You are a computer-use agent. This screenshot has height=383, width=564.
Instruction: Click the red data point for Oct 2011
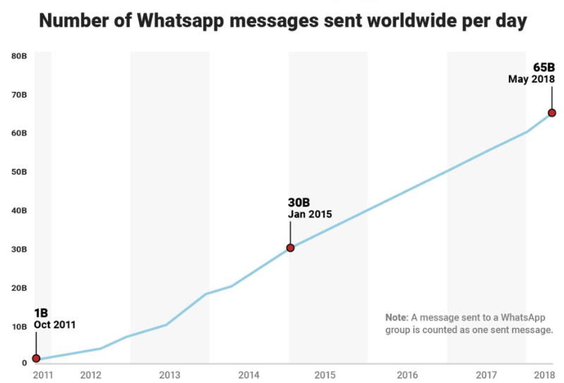click(x=36, y=358)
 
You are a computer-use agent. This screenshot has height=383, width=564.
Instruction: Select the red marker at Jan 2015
click(x=290, y=247)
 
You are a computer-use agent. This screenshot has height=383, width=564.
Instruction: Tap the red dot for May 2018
click(x=552, y=112)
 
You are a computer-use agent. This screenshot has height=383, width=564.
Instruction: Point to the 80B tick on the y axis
click(x=19, y=55)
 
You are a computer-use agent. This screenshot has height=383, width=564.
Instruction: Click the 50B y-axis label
click(x=19, y=172)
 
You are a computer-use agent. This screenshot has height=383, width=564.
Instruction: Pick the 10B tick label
click(x=19, y=326)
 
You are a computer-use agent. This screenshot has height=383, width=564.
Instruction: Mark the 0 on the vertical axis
click(x=23, y=363)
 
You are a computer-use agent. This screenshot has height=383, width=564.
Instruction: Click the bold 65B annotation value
click(x=544, y=67)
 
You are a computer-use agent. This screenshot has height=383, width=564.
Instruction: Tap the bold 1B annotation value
click(x=42, y=313)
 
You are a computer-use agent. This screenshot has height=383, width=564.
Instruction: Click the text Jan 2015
click(x=309, y=214)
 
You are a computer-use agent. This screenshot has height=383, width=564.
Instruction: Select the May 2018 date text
click(x=531, y=79)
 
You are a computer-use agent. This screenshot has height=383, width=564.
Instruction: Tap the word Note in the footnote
click(x=397, y=317)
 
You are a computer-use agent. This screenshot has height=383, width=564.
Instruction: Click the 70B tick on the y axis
click(x=19, y=94)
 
